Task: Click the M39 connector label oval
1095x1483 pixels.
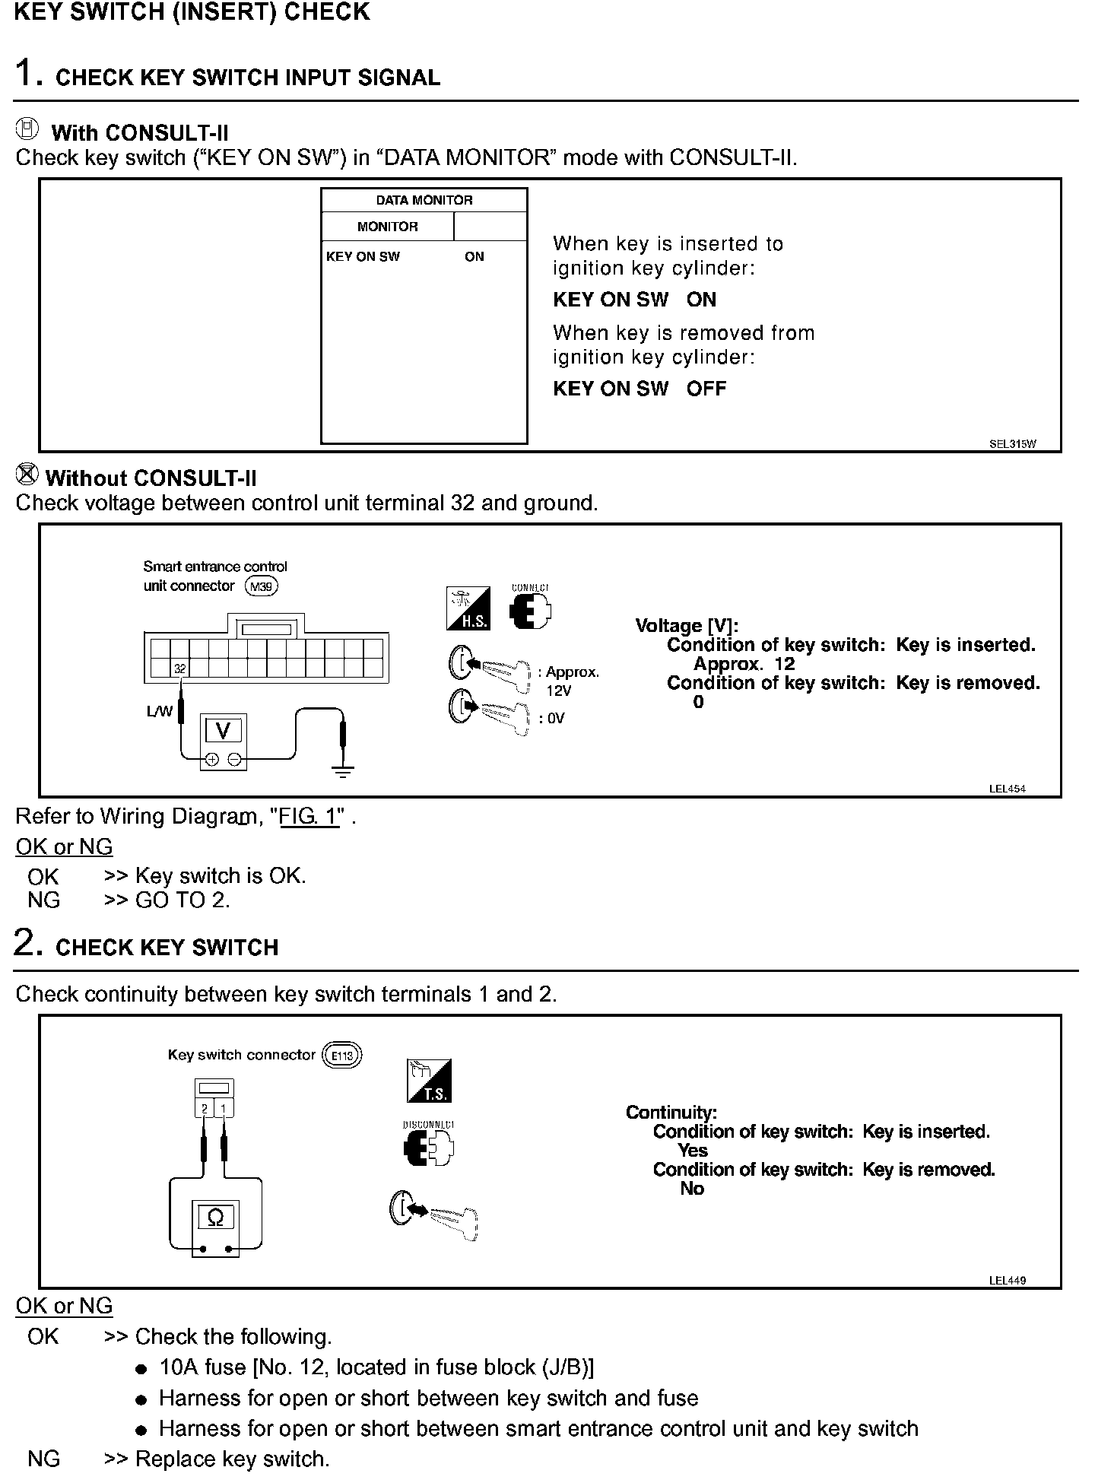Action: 262,586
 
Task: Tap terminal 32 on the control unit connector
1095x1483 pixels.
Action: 180,668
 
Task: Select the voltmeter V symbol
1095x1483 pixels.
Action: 223,731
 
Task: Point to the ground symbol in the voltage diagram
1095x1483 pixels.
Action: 344,771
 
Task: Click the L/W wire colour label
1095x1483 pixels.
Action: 160,712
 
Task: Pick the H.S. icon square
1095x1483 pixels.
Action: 468,608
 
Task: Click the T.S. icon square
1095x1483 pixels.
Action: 430,1081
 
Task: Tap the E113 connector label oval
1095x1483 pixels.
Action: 342,1056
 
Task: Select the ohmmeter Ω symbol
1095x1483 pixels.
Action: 215,1218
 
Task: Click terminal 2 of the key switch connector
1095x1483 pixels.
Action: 205,1109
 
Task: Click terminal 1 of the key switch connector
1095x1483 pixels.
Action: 224,1109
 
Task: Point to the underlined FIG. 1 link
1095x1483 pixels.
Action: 309,817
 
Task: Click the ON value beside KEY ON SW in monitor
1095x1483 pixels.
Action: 474,257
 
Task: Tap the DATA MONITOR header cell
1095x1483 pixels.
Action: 424,200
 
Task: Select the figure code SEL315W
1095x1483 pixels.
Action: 1013,444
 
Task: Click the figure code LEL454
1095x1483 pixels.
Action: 1008,789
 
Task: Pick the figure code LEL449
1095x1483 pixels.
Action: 1008,1280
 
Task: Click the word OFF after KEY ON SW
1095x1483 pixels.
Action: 706,389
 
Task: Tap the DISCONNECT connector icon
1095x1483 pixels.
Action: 429,1148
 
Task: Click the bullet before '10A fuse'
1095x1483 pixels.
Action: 141,1369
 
